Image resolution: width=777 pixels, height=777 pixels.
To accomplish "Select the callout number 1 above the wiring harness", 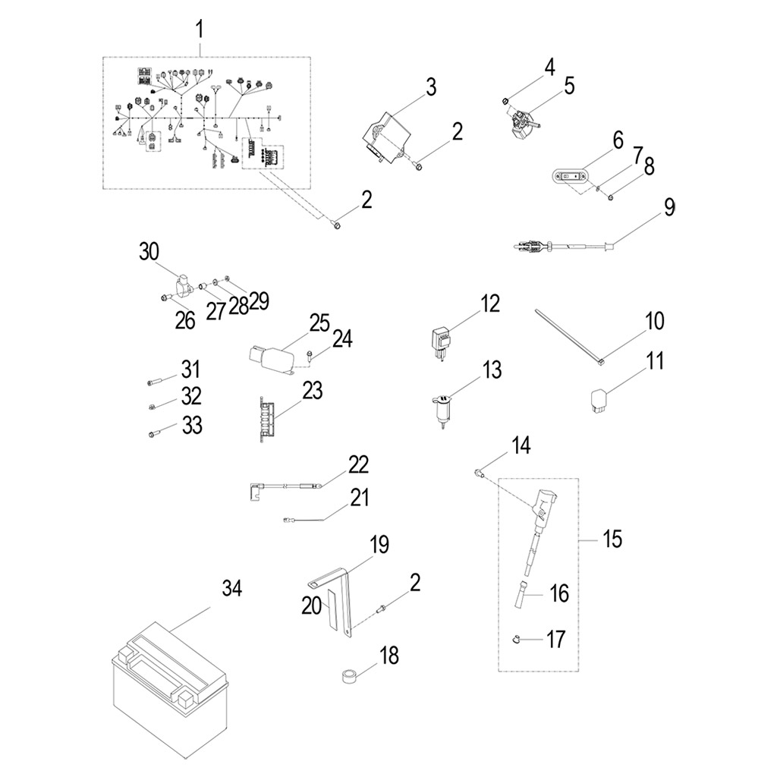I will point(200,31).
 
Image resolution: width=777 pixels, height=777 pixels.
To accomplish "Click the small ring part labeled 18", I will point(350,675).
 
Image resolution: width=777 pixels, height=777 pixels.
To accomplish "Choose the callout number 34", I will point(232,588).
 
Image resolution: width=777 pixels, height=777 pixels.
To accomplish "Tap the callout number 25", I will point(319,322).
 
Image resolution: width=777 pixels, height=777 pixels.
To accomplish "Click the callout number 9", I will point(668,207).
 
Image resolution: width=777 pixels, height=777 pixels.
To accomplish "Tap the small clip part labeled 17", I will point(514,640).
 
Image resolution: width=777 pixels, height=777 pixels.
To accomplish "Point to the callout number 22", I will point(358,464).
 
